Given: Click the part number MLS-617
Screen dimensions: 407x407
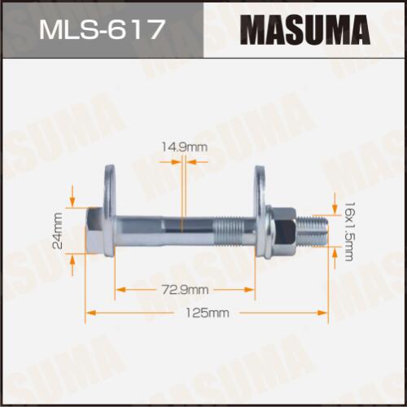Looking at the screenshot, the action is (x=102, y=29).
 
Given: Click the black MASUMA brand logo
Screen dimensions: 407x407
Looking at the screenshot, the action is (x=305, y=29).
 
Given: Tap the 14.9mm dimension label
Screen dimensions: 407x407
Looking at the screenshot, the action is (x=185, y=147).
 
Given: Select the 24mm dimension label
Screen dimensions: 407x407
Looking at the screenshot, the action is (x=58, y=230).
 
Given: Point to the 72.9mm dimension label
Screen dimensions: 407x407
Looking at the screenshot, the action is (x=185, y=290).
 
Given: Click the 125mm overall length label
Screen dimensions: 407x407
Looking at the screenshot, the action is (x=208, y=313).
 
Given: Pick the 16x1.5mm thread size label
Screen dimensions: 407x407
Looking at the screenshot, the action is (x=348, y=231).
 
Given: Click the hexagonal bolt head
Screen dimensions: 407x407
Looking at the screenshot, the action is (x=94, y=231).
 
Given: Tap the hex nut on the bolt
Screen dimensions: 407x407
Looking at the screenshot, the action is (x=285, y=230).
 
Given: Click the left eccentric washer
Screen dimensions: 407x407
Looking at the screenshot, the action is (x=110, y=211).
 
